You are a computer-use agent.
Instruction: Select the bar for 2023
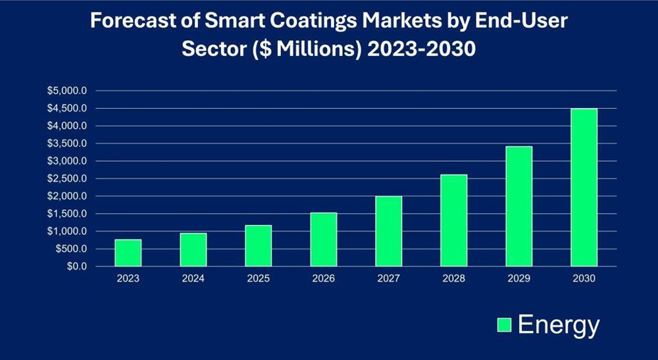click(128, 253)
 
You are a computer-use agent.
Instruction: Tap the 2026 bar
click(324, 240)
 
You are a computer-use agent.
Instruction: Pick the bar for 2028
click(454, 220)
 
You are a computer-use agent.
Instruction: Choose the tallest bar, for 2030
click(584, 188)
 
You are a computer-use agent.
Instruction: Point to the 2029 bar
click(519, 207)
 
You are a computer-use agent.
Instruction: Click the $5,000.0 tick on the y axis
click(70, 91)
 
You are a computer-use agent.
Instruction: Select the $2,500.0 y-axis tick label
click(70, 179)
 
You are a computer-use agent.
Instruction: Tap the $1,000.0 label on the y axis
click(70, 232)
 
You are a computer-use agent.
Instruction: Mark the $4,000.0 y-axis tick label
click(70, 126)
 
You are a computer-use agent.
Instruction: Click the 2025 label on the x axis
click(259, 279)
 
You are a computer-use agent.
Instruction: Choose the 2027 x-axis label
click(389, 279)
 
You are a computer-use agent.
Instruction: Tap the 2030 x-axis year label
click(584, 279)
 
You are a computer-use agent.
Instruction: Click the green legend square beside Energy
click(504, 325)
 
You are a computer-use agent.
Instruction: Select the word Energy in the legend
click(559, 325)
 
